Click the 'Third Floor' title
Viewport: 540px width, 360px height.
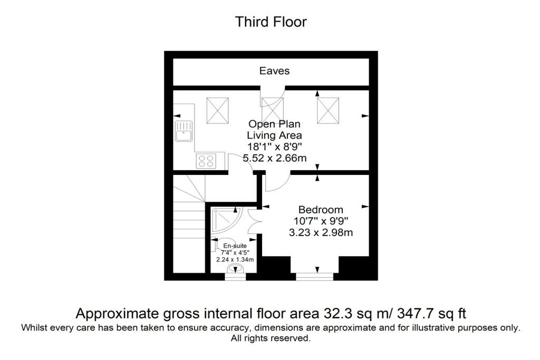(271, 22)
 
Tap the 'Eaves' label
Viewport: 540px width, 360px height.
(274, 71)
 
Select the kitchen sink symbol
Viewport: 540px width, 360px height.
(184, 131)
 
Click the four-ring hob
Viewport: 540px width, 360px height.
(206, 161)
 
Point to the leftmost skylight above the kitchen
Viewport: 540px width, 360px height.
(217, 111)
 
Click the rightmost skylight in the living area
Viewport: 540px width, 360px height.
(328, 111)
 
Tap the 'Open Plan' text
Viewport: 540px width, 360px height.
(274, 124)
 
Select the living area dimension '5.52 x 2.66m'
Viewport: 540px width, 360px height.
(274, 158)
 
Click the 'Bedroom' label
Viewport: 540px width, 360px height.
(321, 210)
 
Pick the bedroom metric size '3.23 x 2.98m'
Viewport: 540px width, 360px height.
(321, 232)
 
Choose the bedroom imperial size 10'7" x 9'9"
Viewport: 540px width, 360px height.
(321, 221)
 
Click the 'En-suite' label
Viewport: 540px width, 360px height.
(235, 246)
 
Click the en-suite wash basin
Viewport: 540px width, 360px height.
(235, 268)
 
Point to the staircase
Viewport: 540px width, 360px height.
(189, 223)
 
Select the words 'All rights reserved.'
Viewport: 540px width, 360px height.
(271, 338)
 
